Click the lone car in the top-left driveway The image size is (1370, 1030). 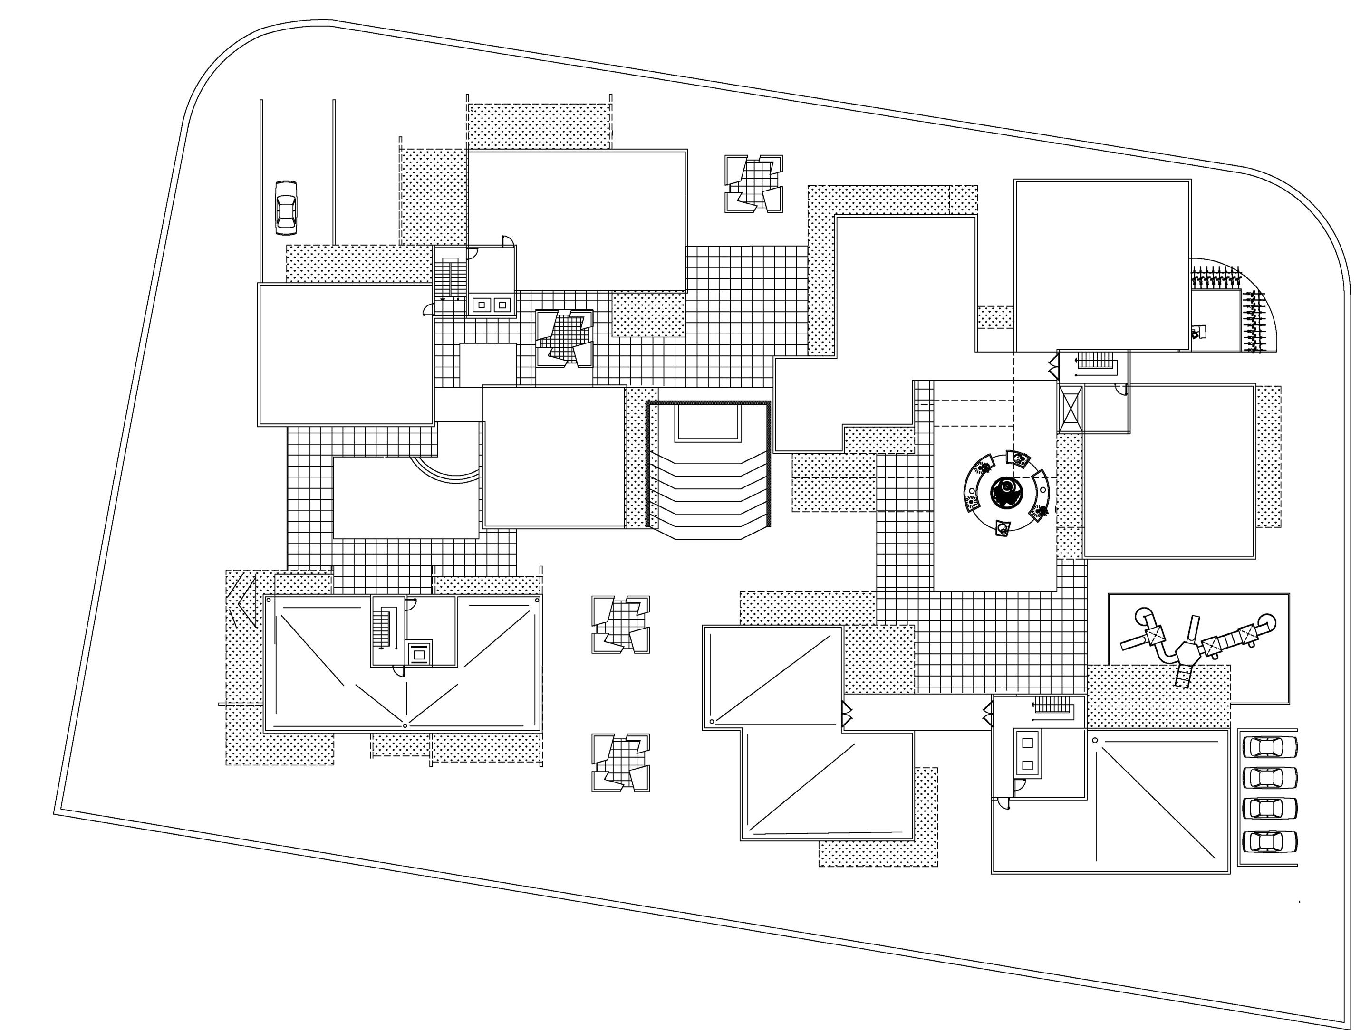[286, 208]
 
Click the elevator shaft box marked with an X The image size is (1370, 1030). [1070, 409]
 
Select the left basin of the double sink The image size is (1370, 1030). [481, 305]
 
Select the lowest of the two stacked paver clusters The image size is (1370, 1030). [620, 763]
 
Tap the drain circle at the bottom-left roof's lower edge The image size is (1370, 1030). [405, 725]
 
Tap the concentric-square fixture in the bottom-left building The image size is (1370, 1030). [419, 653]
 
